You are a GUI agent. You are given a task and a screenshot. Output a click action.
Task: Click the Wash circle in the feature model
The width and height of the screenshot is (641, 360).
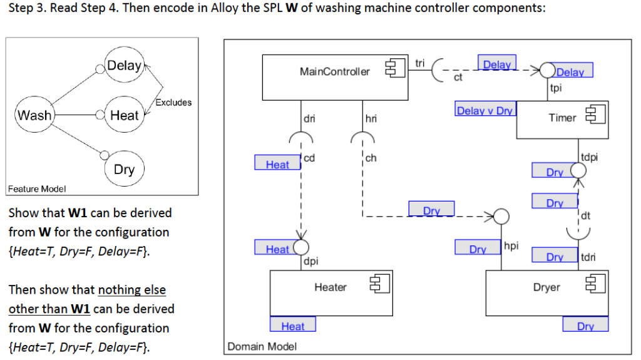click(x=34, y=115)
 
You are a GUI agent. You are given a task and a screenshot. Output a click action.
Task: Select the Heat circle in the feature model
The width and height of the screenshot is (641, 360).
click(x=123, y=115)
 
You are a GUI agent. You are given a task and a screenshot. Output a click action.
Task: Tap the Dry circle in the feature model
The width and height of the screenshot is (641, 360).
click(x=124, y=170)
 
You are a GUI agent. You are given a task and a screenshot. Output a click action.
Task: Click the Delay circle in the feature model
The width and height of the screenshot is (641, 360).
click(x=124, y=66)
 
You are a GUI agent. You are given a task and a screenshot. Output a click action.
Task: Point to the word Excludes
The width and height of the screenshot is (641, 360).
click(x=173, y=102)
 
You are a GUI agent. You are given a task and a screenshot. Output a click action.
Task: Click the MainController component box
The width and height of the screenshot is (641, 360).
click(x=334, y=78)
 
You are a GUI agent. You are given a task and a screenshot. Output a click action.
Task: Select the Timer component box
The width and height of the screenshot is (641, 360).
click(x=562, y=121)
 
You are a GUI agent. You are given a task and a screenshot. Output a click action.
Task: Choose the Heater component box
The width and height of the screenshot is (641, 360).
click(x=331, y=292)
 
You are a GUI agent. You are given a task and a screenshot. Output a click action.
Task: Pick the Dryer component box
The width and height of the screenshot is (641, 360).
click(x=546, y=292)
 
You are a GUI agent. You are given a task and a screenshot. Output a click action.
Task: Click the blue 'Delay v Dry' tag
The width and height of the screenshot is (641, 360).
click(x=485, y=111)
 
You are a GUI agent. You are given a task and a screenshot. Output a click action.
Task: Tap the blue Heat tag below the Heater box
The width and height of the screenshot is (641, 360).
click(x=292, y=326)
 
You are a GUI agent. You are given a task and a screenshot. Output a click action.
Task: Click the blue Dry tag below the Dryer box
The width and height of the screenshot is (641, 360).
click(x=585, y=326)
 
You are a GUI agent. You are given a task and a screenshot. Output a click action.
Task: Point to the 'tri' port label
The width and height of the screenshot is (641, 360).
click(x=419, y=63)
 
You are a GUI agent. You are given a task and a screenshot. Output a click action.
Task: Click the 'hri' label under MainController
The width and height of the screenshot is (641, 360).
click(x=371, y=118)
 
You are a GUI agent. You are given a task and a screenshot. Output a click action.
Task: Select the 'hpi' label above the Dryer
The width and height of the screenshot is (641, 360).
click(x=511, y=246)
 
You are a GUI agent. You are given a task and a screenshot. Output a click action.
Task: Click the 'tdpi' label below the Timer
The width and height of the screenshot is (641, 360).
click(x=588, y=157)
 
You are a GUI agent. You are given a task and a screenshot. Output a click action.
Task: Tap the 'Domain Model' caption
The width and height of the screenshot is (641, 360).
click(x=262, y=346)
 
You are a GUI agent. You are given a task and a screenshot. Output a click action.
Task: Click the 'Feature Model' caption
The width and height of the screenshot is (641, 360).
click(x=36, y=188)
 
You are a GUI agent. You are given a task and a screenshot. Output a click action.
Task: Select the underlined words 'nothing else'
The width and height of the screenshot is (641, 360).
click(x=132, y=290)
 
